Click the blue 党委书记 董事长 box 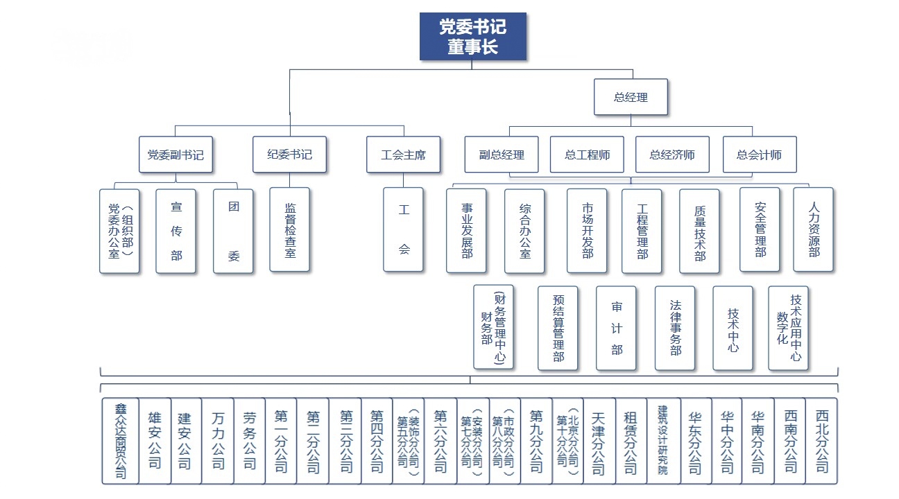point(473,37)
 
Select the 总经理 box point(631,96)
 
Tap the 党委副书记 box point(175,155)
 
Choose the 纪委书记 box point(289,155)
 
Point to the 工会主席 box point(403,155)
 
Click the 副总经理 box point(502,155)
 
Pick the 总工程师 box point(587,155)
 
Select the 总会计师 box point(760,155)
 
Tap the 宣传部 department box point(175,231)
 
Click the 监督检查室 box point(289,230)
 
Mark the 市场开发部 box point(587,231)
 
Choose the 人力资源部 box point(813,230)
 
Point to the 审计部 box point(616,328)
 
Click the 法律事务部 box point(675,328)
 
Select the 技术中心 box point(733,328)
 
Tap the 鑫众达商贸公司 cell point(121,441)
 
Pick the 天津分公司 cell point(599,441)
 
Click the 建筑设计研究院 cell point(663,441)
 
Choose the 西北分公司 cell point(821,441)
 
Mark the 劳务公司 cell point(249,441)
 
